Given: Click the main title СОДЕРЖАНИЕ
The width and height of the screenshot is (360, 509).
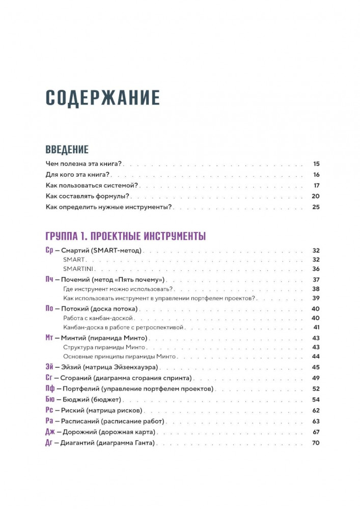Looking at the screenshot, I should pyautogui.click(x=102, y=97).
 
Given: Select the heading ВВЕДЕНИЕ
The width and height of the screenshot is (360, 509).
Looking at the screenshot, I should pyautogui.click(x=67, y=149).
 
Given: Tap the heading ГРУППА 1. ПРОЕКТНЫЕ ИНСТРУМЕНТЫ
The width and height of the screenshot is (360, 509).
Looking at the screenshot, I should pyautogui.click(x=125, y=236).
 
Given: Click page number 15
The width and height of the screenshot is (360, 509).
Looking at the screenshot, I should pyautogui.click(x=316, y=164).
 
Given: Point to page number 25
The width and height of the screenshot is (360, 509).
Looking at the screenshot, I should pyautogui.click(x=316, y=207).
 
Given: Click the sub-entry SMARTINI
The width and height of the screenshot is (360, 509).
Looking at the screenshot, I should pyautogui.click(x=77, y=269).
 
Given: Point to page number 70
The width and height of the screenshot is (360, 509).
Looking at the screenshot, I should pyautogui.click(x=315, y=443).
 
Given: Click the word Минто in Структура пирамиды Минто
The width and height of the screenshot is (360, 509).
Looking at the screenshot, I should pyautogui.click(x=126, y=347).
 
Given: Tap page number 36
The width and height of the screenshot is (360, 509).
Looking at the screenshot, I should pyautogui.click(x=316, y=269).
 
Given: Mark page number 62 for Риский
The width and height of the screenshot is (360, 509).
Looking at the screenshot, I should pyautogui.click(x=316, y=410).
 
